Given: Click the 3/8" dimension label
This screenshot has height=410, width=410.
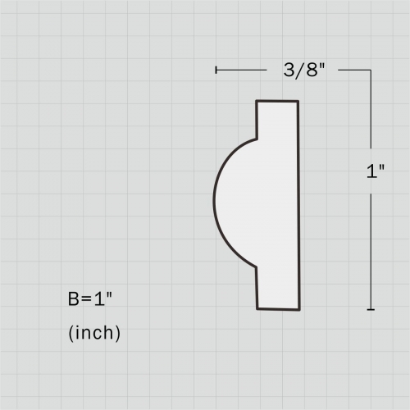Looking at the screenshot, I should (x=303, y=71).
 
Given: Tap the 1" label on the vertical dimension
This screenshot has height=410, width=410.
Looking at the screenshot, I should (x=376, y=173).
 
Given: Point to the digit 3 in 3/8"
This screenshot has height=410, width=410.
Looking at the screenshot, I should (x=289, y=71).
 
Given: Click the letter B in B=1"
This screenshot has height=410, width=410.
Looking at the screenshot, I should (x=74, y=299).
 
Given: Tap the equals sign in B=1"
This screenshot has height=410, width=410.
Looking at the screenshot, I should (x=88, y=300).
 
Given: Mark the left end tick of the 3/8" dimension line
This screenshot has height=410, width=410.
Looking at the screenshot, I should (x=216, y=71).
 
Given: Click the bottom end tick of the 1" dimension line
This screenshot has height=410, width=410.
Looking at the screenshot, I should (x=371, y=309).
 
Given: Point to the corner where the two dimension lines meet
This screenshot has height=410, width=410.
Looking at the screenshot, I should (x=371, y=71).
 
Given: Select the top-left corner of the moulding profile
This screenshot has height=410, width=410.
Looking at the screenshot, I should (x=257, y=101).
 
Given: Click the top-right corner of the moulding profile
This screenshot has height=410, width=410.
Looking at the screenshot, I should (x=298, y=101).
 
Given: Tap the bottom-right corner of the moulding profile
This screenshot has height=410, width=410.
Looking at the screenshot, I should (x=299, y=309).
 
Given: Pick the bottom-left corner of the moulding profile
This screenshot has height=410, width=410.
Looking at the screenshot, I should (x=257, y=309).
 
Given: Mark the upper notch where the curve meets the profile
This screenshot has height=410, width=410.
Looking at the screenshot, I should (x=257, y=139).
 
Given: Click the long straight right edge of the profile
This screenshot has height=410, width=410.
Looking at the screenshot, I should (x=298, y=205).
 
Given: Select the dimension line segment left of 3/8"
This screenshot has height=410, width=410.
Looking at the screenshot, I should (x=246, y=71).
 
